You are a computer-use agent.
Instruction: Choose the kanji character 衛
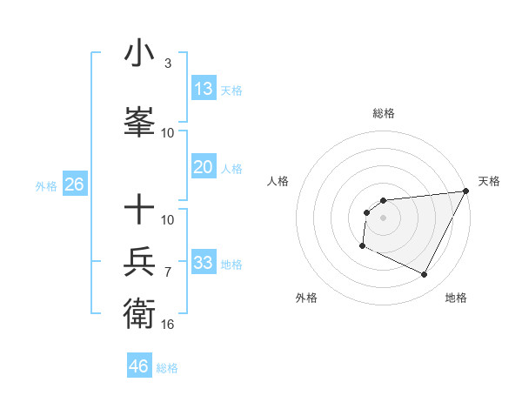coord(140,312)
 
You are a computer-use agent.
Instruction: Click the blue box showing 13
coord(204,88)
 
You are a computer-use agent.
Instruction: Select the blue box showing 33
coord(204,262)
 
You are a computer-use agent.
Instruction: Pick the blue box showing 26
coord(74,184)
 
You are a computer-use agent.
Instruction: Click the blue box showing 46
coord(139,365)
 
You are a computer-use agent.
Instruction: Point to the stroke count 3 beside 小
coord(168,64)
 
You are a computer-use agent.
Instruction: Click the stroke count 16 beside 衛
coord(168,324)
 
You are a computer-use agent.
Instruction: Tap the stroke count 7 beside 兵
coord(168,272)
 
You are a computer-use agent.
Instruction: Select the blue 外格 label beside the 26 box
coord(46,185)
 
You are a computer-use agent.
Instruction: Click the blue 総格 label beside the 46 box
coord(168,367)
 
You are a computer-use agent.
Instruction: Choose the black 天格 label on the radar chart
coord(489,181)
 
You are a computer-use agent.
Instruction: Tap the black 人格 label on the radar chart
coord(278,181)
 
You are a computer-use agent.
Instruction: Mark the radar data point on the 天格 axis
coord(465,191)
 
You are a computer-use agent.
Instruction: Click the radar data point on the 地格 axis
coord(425,275)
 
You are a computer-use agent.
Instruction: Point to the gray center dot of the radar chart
coord(383,218)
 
